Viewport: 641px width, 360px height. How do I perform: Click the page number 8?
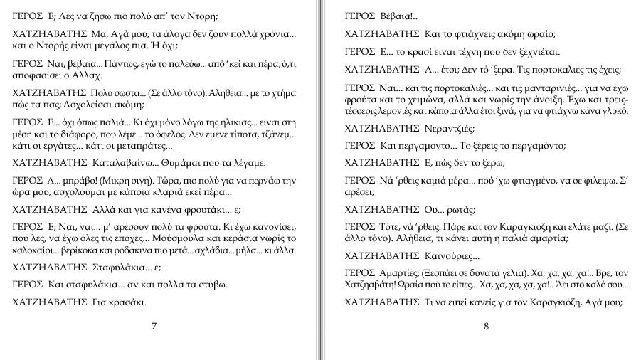coord(486,327)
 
